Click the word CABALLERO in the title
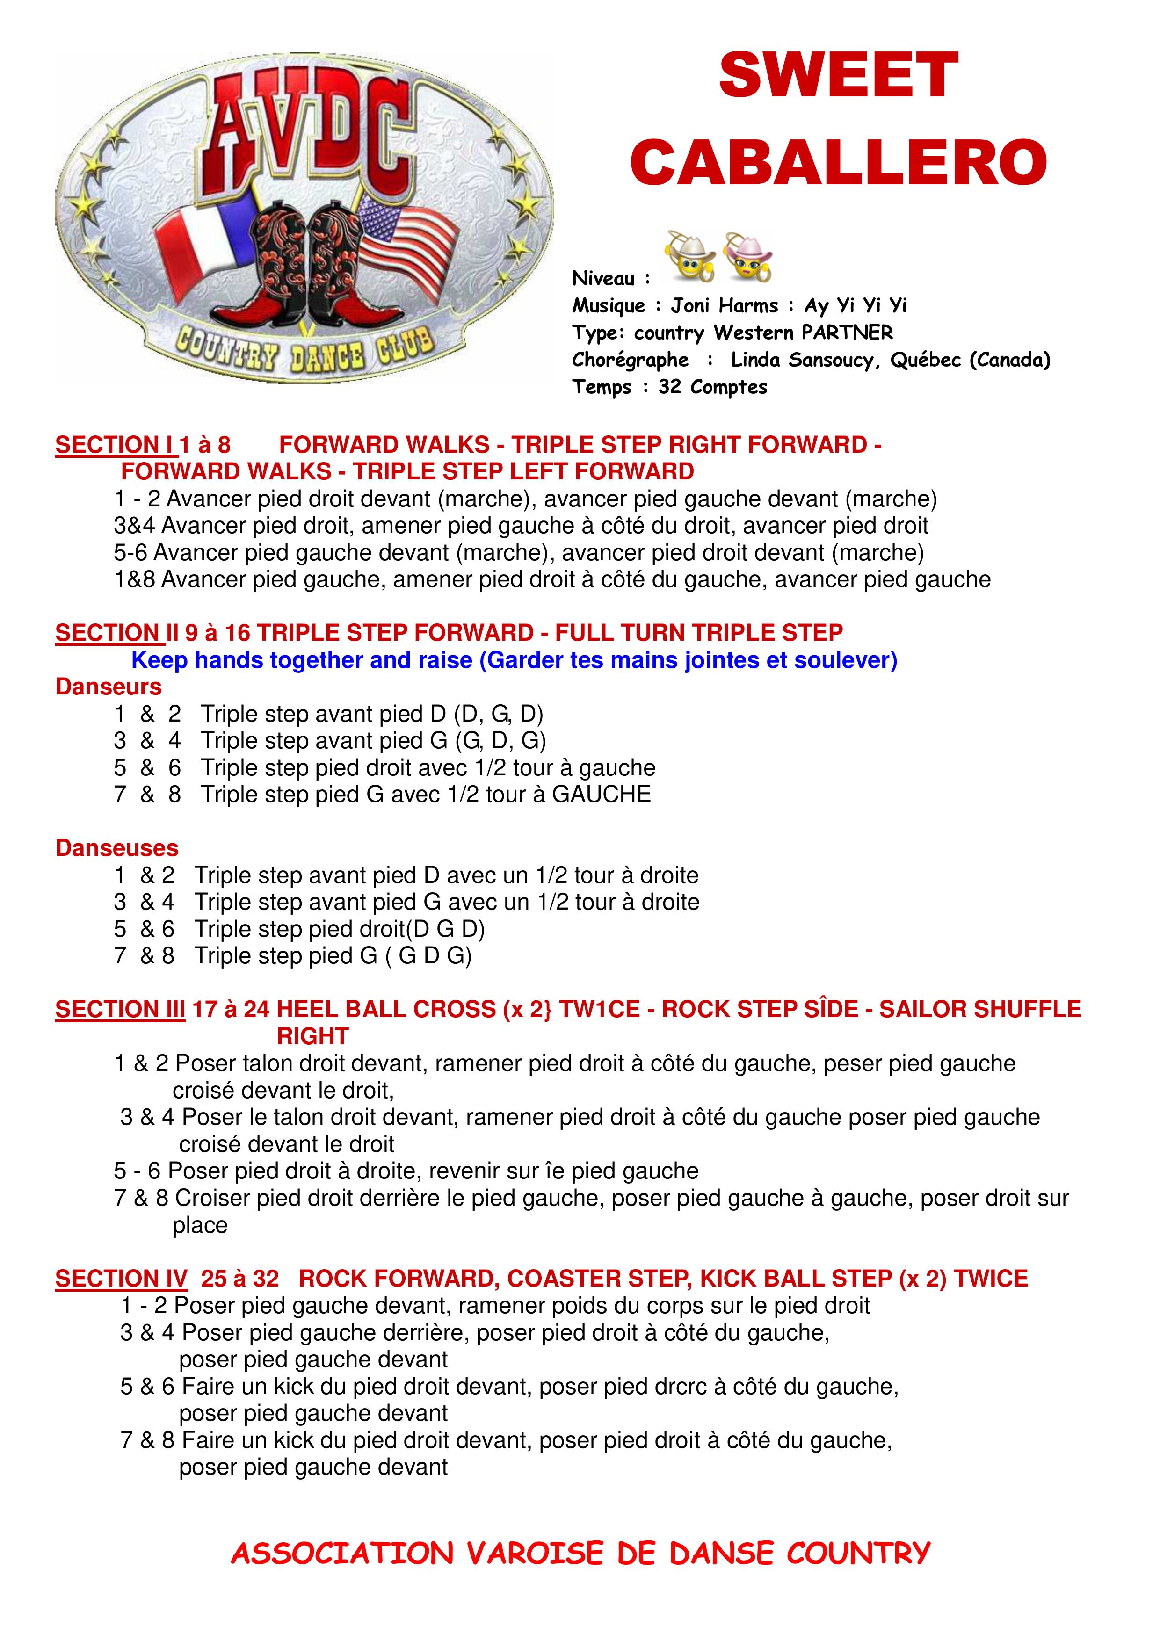[x=838, y=161]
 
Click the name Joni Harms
[x=723, y=306]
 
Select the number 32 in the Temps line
[x=670, y=387]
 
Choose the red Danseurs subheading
[x=109, y=687]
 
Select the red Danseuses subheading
[x=116, y=848]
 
